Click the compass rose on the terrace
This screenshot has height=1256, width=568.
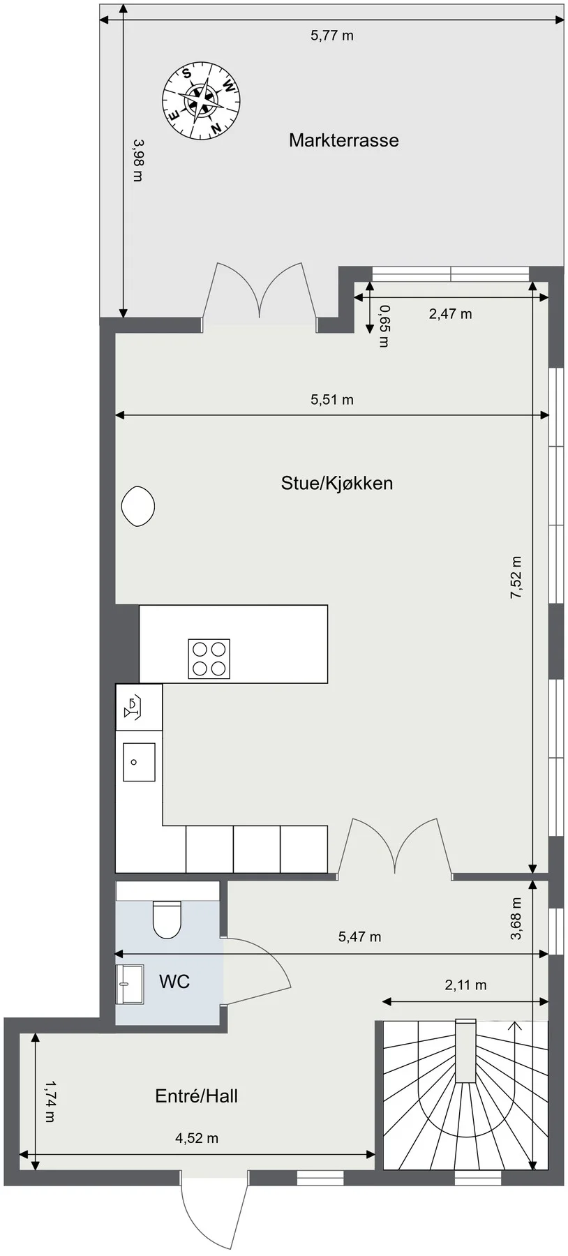pyautogui.click(x=201, y=100)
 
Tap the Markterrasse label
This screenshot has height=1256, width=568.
pyautogui.click(x=344, y=140)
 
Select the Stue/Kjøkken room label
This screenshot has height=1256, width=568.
pyautogui.click(x=337, y=483)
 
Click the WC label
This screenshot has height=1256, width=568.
pyautogui.click(x=174, y=982)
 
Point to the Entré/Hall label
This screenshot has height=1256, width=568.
pyautogui.click(x=197, y=1096)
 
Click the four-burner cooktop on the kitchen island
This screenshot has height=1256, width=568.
pyautogui.click(x=209, y=659)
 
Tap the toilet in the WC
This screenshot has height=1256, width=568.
pyautogui.click(x=167, y=918)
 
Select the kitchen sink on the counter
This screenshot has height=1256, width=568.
pyautogui.click(x=139, y=762)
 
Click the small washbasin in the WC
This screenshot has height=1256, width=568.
pyautogui.click(x=130, y=984)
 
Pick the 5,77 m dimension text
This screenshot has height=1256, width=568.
pyautogui.click(x=332, y=35)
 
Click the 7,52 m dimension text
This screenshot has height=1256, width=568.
pyautogui.click(x=516, y=577)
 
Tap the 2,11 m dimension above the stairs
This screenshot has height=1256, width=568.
pyautogui.click(x=465, y=985)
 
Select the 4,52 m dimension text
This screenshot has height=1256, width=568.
pyautogui.click(x=197, y=1138)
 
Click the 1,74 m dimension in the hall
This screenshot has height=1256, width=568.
pyautogui.click(x=49, y=1101)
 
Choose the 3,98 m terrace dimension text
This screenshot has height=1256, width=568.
pyautogui.click(x=137, y=160)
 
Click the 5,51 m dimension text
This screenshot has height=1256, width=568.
pyautogui.click(x=332, y=400)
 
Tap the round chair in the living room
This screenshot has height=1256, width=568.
pyautogui.click(x=137, y=506)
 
